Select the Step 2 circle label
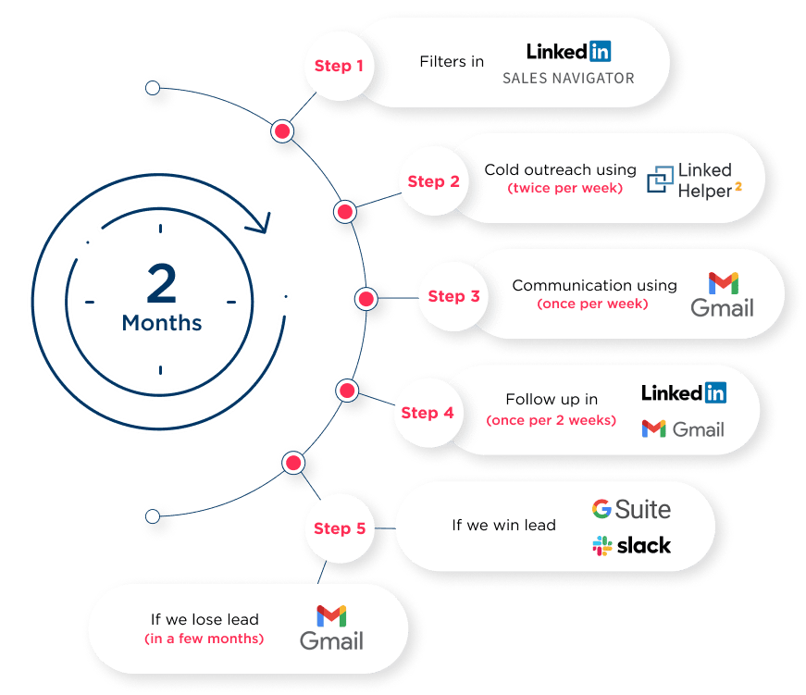tap(433, 181)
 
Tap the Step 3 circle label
tap(453, 296)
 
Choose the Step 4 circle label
tap(428, 413)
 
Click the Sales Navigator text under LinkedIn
tap(568, 79)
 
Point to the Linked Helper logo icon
tap(661, 179)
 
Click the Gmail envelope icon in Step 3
tap(723, 283)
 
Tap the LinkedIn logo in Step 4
tap(684, 392)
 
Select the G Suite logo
tap(632, 509)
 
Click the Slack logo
tap(632, 545)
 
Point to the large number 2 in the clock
tap(161, 283)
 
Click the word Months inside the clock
tap(162, 324)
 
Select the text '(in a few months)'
tap(204, 639)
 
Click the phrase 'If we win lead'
tap(503, 526)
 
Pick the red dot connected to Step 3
tap(366, 299)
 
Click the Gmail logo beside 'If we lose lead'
tap(331, 627)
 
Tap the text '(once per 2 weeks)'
tap(551, 420)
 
